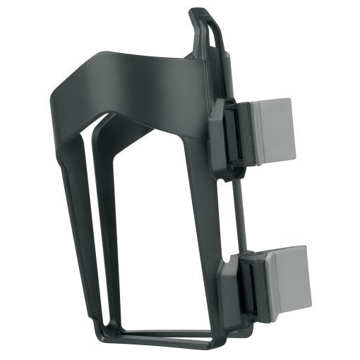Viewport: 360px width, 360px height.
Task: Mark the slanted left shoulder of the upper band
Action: (67, 88)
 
